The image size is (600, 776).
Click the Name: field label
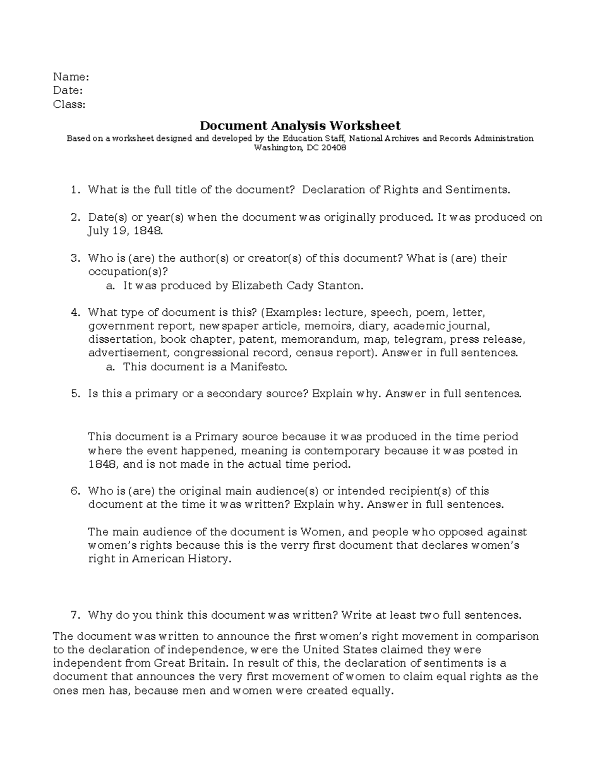(71, 77)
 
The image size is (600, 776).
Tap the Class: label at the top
(69, 104)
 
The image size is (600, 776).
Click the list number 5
(75, 394)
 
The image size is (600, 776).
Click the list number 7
(75, 615)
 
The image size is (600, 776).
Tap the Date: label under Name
(68, 90)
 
